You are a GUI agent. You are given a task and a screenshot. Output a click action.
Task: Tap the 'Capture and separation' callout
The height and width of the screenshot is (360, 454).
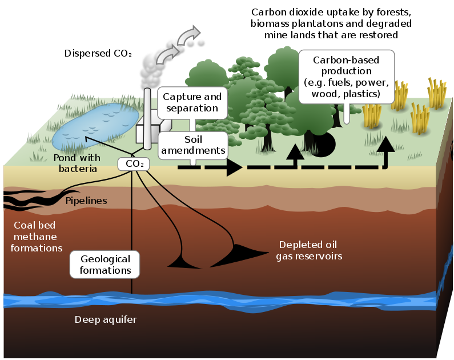pyautogui.click(x=192, y=102)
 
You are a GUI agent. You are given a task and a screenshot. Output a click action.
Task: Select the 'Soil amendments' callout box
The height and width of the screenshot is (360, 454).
pyautogui.click(x=192, y=146)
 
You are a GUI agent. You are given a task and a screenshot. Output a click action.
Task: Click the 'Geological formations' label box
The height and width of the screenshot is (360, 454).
pyautogui.click(x=105, y=265)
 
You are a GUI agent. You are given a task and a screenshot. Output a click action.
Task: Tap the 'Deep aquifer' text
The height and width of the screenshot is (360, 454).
pyautogui.click(x=106, y=319)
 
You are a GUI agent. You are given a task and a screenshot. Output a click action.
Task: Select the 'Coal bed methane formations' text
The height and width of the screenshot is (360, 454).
pyautogui.click(x=38, y=237)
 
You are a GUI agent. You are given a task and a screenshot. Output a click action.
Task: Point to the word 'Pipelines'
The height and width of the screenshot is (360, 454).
pyautogui.click(x=86, y=201)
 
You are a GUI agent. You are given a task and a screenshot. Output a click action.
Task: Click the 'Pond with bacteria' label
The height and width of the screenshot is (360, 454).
pyautogui.click(x=77, y=163)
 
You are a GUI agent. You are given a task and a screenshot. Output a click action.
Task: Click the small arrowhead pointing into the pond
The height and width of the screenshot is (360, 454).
pyautogui.click(x=88, y=138)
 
